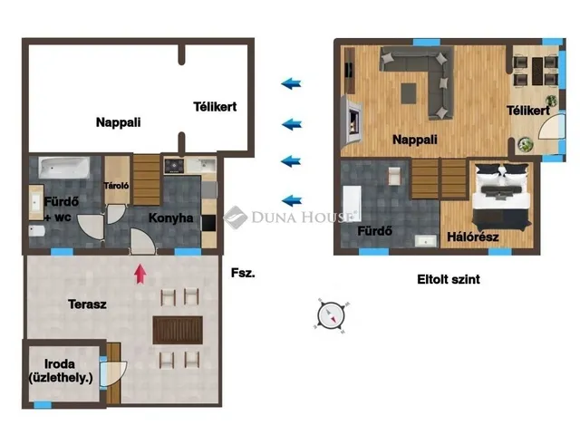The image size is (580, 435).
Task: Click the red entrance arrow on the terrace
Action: coord(140,274)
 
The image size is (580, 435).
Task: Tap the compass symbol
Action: coord(331,315)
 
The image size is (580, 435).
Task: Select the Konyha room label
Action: coord(171,217)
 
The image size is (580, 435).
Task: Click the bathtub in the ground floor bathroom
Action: coord(64,168)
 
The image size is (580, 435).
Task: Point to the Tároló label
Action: coord(117,185)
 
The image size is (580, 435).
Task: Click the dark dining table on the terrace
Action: coord(178,330)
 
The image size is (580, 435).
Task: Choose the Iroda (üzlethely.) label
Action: coord(61,371)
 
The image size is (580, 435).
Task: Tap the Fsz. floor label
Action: coord(243,273)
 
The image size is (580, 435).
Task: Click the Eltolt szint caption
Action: coord(449,279)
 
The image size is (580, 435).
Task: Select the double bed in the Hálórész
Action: coord(502,197)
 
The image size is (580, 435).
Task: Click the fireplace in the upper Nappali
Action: coord(353,119)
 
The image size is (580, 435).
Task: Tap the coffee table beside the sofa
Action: coord(409,93)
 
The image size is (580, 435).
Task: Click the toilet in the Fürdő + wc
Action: coord(36,231)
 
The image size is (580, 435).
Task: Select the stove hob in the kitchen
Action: coord(174,166)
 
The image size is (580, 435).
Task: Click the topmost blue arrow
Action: coord(292,83)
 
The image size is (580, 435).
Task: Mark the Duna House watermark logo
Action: coord(236,217)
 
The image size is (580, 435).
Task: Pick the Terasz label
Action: coord(87,304)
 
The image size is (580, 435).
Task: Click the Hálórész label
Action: coord(473,237)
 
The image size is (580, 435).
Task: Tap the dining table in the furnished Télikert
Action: coord(537,71)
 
